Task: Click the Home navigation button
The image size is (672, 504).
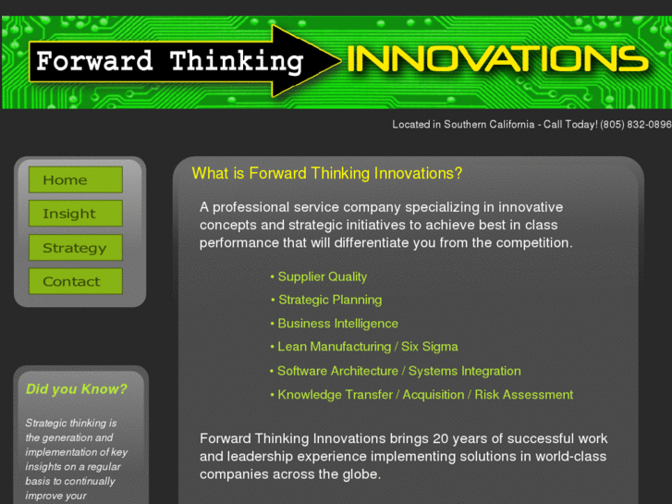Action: click(x=75, y=179)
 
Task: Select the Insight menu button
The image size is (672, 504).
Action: click(x=75, y=214)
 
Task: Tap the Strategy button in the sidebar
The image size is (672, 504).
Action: click(x=75, y=248)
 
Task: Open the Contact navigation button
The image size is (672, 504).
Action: click(x=75, y=281)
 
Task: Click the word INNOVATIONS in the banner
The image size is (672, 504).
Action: click(x=497, y=59)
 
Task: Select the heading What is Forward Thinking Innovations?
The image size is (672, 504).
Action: click(x=326, y=173)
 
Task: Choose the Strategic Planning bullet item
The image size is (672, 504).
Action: click(x=329, y=300)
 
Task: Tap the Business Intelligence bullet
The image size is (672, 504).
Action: click(x=337, y=324)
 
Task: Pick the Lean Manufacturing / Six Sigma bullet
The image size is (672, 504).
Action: click(x=367, y=347)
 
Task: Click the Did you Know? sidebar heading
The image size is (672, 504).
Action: click(x=77, y=389)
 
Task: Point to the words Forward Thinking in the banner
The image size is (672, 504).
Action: click(x=170, y=63)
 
